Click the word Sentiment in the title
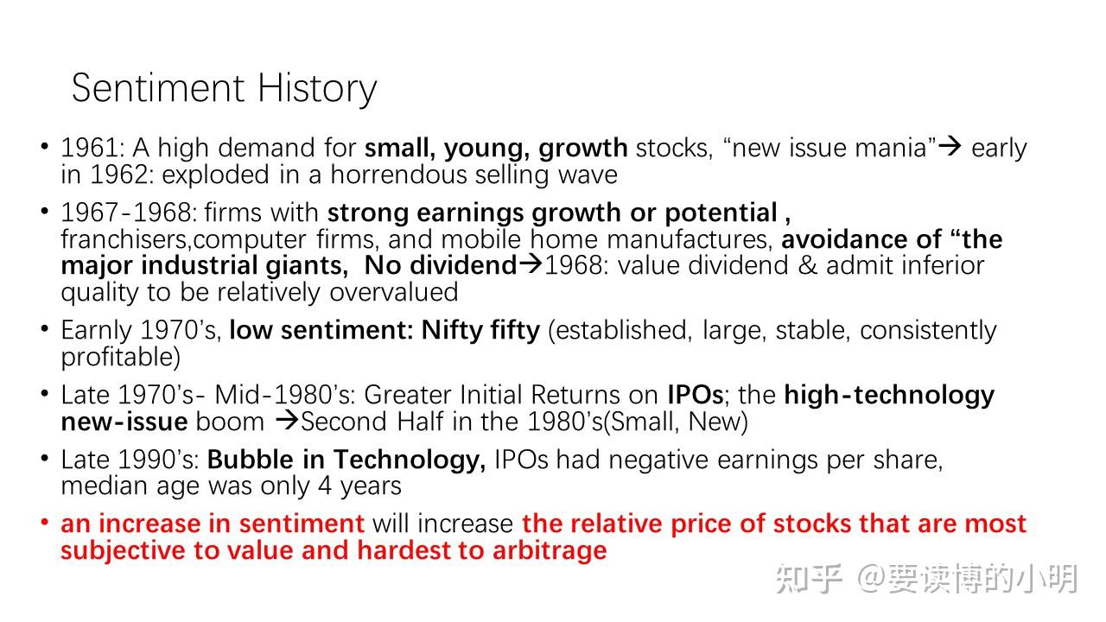point(158,88)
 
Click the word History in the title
point(317,90)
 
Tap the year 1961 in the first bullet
point(89,148)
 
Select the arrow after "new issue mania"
point(950,146)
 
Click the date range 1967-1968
point(126,213)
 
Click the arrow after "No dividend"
point(531,264)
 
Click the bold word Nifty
point(452,331)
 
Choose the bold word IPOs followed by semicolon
point(696,395)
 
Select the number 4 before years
point(324,486)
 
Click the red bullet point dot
point(44,523)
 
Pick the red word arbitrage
point(550,551)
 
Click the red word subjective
point(124,551)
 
